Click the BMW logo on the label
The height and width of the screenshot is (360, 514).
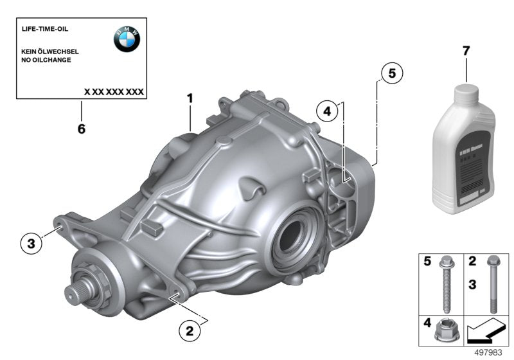point(127,40)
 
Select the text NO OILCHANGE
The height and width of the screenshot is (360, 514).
point(47,60)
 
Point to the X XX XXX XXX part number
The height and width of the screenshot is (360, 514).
point(114,92)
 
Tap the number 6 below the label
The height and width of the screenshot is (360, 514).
point(81,129)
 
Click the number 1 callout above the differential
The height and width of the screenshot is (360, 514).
point(190,98)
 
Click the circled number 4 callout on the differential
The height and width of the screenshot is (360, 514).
point(326,111)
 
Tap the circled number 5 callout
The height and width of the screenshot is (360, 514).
point(391,74)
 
